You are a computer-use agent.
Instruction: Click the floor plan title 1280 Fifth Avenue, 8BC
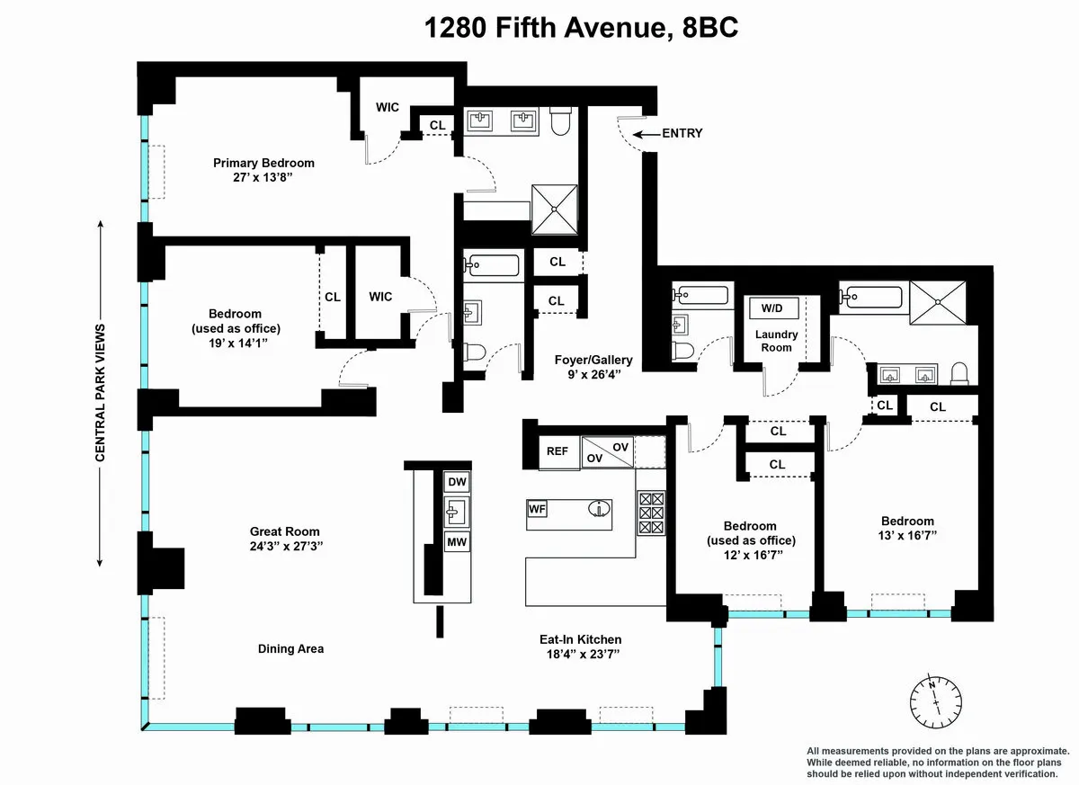[x=582, y=28]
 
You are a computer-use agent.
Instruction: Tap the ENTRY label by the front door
[x=682, y=133]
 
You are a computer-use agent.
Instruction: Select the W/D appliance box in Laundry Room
[x=772, y=308]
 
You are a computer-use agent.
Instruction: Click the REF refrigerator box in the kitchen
[x=557, y=451]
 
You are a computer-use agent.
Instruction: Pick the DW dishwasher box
[x=457, y=482]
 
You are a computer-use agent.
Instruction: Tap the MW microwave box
[x=457, y=542]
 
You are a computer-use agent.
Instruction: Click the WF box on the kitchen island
[x=538, y=509]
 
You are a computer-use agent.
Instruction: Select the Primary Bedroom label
[x=263, y=163]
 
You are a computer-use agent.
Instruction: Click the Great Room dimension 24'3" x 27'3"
[x=285, y=546]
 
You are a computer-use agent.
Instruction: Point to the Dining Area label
[x=290, y=648]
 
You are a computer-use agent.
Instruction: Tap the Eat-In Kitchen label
[x=580, y=639]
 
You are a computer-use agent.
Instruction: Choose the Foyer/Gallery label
[x=593, y=360]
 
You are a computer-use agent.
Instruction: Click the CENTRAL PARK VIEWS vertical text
[x=100, y=393]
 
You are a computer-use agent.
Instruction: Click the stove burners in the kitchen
[x=650, y=513]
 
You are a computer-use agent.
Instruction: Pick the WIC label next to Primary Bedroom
[x=388, y=107]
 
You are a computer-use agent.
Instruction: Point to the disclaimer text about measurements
[x=938, y=763]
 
